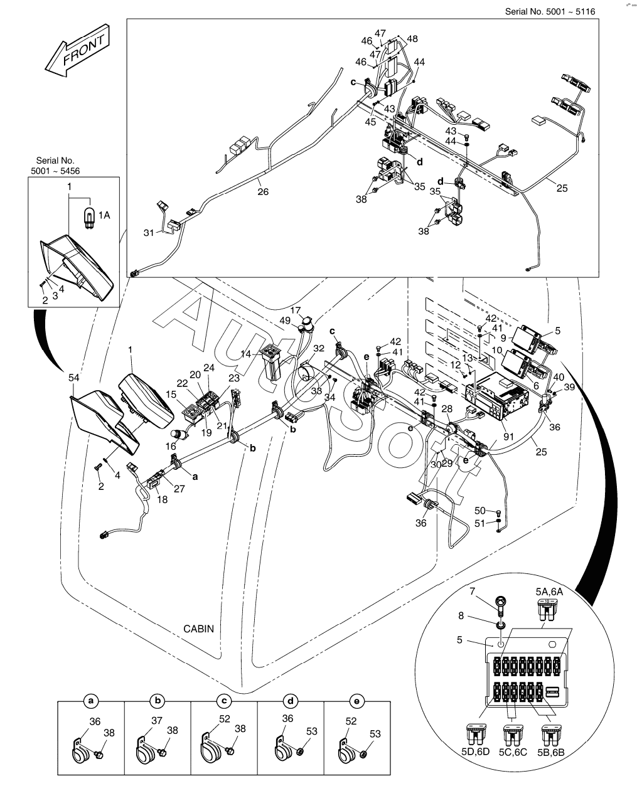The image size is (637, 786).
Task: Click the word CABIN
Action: point(198,629)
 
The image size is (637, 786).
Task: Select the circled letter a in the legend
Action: point(91,701)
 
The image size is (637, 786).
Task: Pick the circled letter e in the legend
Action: point(356,701)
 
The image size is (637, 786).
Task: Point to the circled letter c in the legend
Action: point(224,701)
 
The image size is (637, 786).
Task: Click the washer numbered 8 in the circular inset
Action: point(500,626)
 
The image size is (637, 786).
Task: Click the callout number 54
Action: point(74,377)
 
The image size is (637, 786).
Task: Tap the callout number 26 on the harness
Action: point(263,191)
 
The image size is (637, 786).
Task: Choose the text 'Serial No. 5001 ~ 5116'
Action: point(550,11)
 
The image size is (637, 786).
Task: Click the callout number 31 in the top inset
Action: point(149,233)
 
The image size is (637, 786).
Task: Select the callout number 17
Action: point(295,311)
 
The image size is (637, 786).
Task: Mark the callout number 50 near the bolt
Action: point(479,511)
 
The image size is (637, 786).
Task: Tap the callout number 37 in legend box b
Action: point(157,720)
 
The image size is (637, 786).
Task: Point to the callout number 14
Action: point(245,354)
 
